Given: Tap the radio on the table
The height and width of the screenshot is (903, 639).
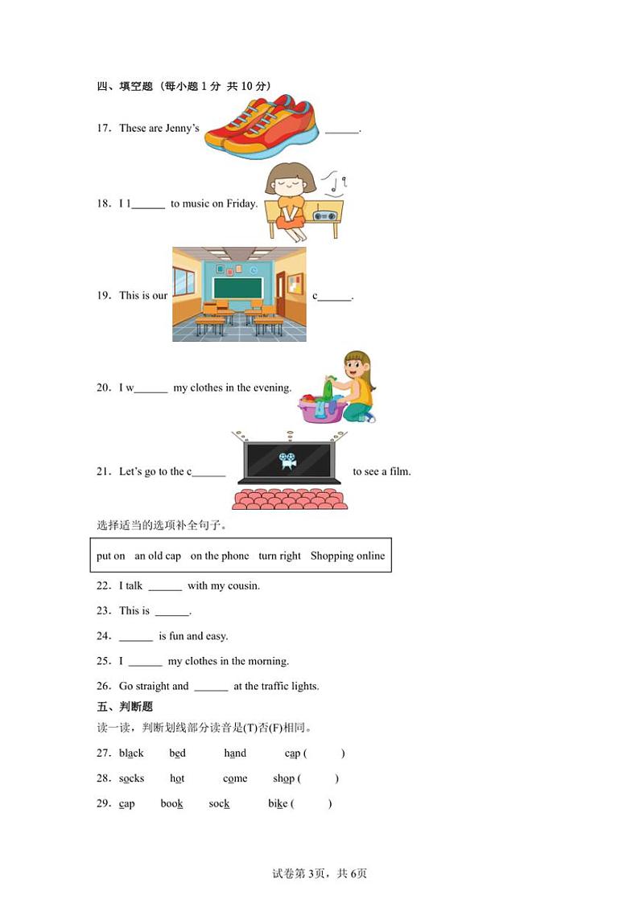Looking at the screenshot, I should tap(324, 216).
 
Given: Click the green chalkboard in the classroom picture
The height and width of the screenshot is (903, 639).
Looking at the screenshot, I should tap(237, 286).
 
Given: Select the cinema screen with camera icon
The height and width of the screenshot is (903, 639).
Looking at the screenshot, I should tap(288, 460).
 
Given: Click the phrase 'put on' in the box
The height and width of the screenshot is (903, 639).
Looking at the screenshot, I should tap(111, 556).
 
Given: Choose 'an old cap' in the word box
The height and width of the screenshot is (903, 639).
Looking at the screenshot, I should tap(158, 556).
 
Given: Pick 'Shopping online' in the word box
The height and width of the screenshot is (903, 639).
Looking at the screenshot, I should tap(348, 556).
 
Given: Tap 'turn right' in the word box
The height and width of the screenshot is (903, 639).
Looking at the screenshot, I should tap(279, 556).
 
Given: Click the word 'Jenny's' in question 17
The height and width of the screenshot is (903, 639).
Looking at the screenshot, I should tap(182, 128).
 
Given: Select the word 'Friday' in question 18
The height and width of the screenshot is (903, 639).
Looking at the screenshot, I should tap(241, 203).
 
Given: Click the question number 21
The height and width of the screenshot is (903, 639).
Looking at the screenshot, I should tap(103, 471).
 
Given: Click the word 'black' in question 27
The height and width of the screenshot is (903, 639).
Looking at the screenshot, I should tap(131, 753).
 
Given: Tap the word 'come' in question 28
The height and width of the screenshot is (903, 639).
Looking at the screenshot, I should tap(235, 778).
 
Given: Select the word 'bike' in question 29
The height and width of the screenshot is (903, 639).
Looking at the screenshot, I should tap(278, 803).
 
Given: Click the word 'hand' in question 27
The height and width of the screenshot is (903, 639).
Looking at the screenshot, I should tap(235, 753).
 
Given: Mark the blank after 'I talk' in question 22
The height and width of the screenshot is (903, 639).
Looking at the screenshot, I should tap(165, 586).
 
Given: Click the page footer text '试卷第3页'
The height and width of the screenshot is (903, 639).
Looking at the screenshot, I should tap(296, 874).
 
